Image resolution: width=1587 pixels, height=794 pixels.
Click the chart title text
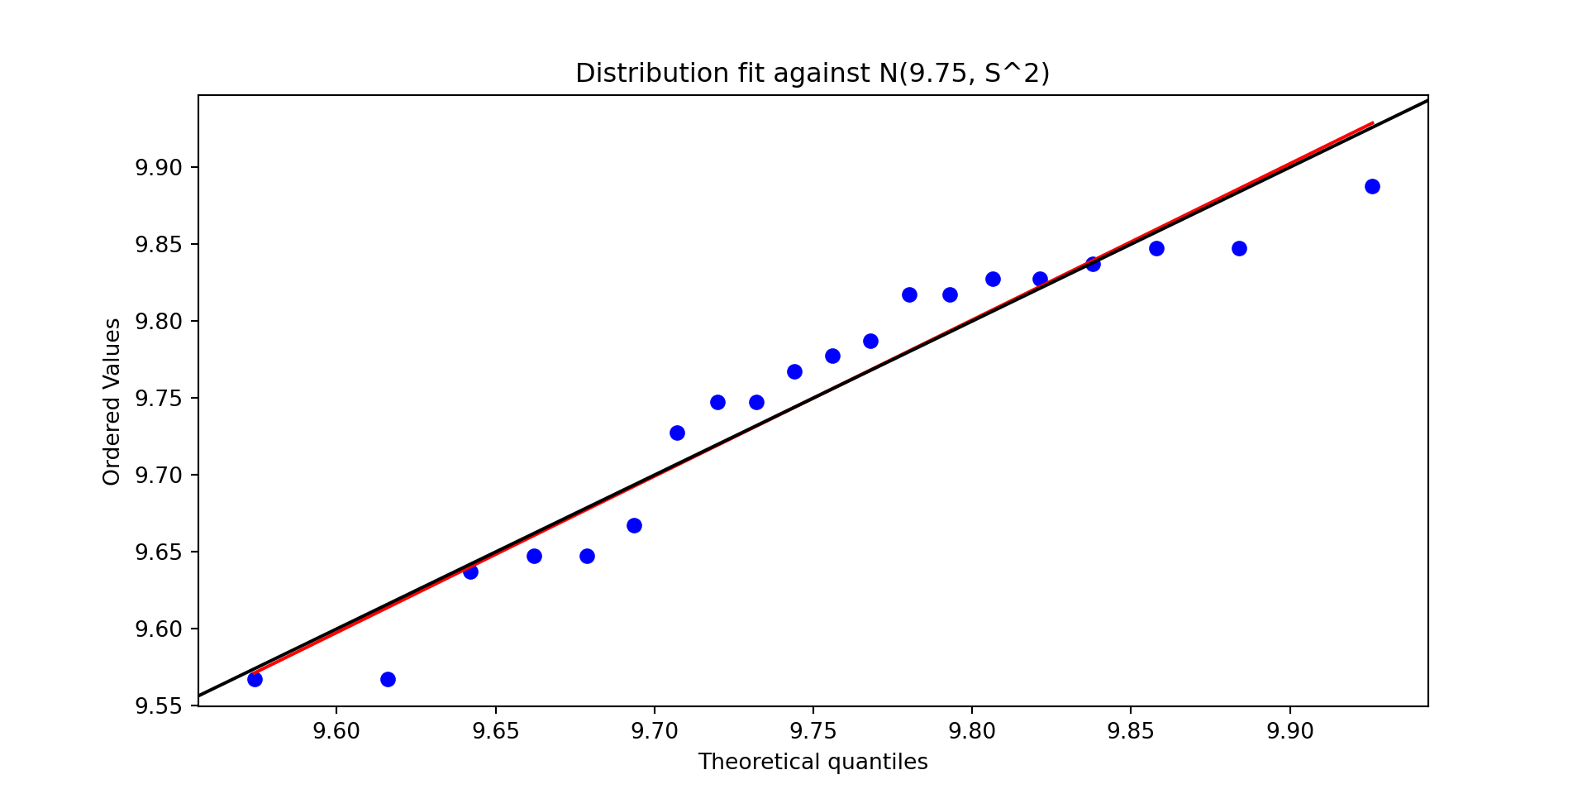813,74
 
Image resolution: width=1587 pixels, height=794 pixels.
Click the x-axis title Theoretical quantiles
813,762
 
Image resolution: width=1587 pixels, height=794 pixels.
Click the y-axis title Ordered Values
112,401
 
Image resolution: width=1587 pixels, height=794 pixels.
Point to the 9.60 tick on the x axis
336,731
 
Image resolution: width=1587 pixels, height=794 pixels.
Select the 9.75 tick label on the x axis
813,731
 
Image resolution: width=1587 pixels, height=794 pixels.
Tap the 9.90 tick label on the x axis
1289,731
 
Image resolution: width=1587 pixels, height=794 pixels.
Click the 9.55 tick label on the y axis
158,706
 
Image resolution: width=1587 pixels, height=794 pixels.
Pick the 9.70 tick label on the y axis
158,475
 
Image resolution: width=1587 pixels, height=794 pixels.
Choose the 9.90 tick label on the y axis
158,168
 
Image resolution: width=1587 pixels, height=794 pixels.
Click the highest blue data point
1372,186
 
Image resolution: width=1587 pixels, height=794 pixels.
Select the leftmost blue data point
255,679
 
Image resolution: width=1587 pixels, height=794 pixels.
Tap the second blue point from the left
388,679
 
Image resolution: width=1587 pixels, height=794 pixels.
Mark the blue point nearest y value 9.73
677,433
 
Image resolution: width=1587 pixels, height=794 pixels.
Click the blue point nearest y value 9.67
634,525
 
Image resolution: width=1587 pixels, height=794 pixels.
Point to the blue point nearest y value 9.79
870,341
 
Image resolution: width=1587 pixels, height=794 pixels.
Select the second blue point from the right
1239,248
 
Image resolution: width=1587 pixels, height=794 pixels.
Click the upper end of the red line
1372,123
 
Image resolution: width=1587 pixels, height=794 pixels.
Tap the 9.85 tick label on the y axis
158,245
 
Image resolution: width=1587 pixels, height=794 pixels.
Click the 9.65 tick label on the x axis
495,731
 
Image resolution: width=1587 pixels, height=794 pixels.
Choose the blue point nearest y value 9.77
832,356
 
